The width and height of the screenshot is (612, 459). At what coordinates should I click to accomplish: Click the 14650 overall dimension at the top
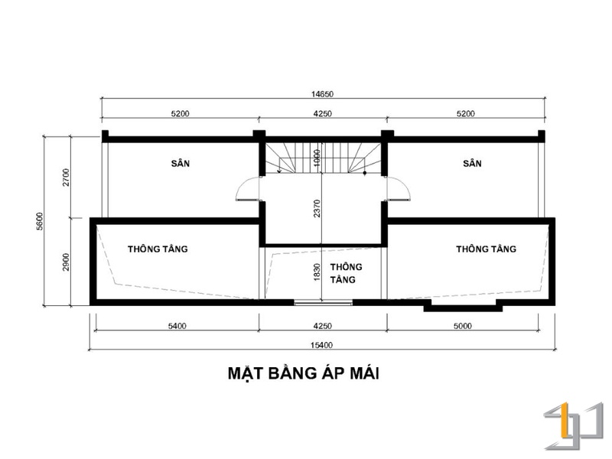click(322, 94)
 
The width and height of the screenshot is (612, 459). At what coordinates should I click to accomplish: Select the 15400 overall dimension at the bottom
click(321, 345)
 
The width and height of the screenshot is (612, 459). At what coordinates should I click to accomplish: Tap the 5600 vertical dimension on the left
click(40, 221)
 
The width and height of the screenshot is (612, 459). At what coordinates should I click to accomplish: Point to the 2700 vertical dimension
click(66, 177)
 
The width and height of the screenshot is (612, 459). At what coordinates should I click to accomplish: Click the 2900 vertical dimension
click(66, 262)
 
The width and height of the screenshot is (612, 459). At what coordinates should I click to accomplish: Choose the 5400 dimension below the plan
click(177, 326)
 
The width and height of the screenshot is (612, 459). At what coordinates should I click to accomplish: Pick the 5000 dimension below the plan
click(463, 326)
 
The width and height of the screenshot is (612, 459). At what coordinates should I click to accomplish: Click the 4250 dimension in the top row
click(322, 113)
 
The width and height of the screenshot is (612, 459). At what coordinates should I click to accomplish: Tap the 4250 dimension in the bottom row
click(322, 326)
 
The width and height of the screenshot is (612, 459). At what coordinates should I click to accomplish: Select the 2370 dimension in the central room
click(317, 208)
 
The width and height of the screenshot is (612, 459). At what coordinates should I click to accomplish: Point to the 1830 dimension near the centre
click(317, 272)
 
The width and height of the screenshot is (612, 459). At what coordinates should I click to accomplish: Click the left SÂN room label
click(181, 163)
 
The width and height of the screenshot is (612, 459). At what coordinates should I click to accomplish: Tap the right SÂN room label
click(472, 163)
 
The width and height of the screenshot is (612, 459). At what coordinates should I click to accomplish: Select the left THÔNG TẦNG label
click(158, 248)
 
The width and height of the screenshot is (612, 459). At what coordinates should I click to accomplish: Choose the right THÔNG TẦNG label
click(487, 248)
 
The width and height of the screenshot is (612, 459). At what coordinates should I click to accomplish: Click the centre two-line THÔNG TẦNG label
click(346, 273)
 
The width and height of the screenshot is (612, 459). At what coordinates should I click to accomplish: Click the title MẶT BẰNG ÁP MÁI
click(304, 373)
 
